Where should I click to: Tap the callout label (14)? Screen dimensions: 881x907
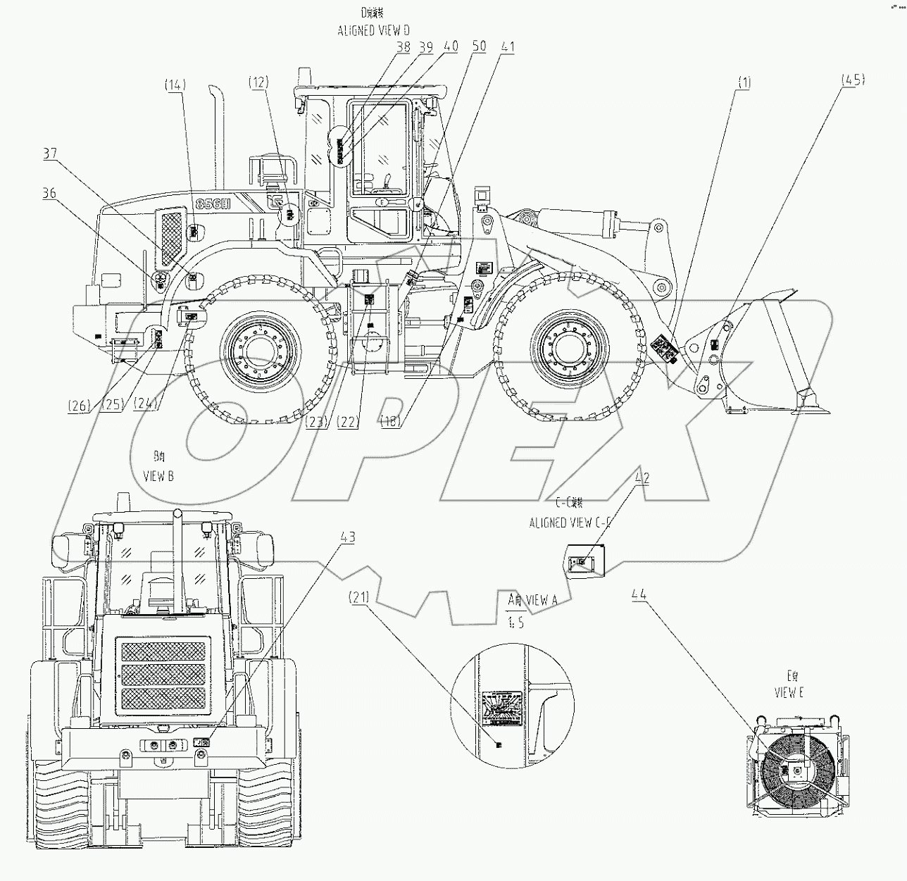pyautogui.click(x=175, y=85)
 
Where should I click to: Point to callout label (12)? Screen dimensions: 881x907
pyautogui.click(x=258, y=82)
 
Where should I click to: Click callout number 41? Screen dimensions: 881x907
pyautogui.click(x=508, y=47)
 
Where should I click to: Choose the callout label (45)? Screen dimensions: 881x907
pyautogui.click(x=853, y=80)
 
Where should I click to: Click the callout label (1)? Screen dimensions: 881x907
pyautogui.click(x=744, y=83)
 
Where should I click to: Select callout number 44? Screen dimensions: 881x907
pyautogui.click(x=639, y=594)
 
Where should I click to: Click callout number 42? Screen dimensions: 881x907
pyautogui.click(x=642, y=477)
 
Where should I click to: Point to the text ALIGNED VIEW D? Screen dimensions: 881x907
pyautogui.click(x=374, y=30)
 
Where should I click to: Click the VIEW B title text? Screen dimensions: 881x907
pyautogui.click(x=158, y=476)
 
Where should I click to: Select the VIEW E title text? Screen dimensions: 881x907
pyautogui.click(x=789, y=692)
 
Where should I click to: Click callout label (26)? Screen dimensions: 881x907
pyautogui.click(x=79, y=405)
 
